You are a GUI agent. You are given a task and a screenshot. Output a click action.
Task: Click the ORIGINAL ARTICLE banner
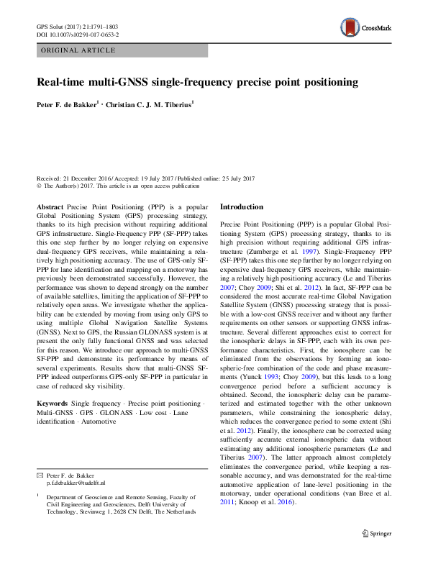[x=78, y=50]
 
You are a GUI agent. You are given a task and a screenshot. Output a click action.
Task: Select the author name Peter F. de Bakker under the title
[x=66, y=105]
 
